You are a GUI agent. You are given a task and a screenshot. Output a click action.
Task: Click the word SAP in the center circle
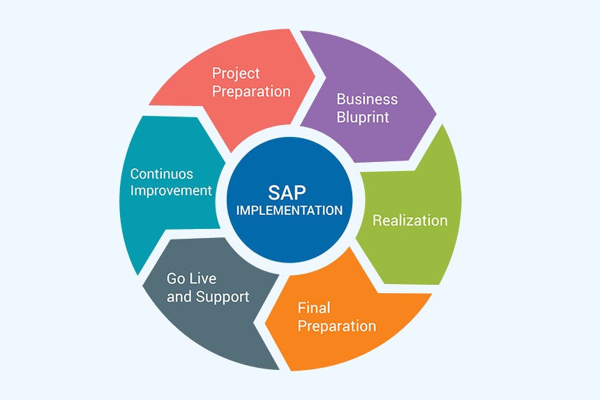tap(287, 193)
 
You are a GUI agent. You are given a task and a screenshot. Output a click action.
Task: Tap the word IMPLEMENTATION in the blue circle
tap(290, 211)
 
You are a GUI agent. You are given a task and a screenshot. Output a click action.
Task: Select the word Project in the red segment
tap(236, 73)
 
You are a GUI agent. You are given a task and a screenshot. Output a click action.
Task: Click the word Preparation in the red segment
tap(251, 91)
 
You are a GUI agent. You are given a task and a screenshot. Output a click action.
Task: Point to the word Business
tap(367, 99)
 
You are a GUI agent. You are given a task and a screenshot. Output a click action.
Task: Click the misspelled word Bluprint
tap(363, 117)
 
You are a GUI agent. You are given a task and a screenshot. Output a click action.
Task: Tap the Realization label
tap(410, 221)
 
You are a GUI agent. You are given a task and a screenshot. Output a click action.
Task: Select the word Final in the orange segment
tap(314, 308)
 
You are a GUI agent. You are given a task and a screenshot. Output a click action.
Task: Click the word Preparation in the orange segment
tap(337, 326)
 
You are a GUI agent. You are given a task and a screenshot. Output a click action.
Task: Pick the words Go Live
tap(191, 279)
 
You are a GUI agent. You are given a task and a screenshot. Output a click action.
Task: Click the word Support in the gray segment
tap(223, 297)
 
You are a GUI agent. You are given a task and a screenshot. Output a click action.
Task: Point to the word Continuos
tap(161, 174)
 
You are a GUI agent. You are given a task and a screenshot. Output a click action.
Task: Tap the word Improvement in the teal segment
tap(171, 191)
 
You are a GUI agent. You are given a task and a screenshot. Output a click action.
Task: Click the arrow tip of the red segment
tap(315, 76)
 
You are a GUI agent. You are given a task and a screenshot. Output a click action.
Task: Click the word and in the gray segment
tap(179, 297)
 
